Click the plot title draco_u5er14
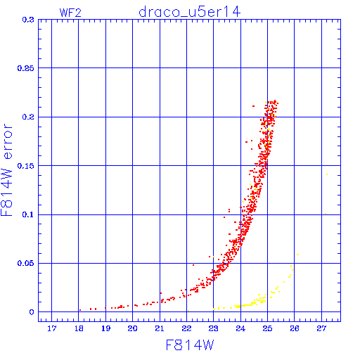tap(190, 12)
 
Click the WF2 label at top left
tap(70, 13)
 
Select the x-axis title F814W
tap(190, 345)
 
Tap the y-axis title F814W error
tap(7, 169)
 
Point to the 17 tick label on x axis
tap(52, 328)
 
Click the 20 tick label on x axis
tap(132, 328)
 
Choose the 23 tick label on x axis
tap(214, 328)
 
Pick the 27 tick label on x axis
tap(321, 328)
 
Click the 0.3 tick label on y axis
tap(28, 20)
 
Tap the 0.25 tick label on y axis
tap(26, 68)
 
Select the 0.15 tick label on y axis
tap(26, 166)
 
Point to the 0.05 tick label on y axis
tap(26, 263)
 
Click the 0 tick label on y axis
tap(32, 312)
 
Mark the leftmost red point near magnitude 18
tap(80, 310)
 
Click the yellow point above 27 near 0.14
tap(327, 174)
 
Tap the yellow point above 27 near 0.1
tap(326, 214)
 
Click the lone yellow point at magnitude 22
tap(188, 311)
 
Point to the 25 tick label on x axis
tap(267, 328)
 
